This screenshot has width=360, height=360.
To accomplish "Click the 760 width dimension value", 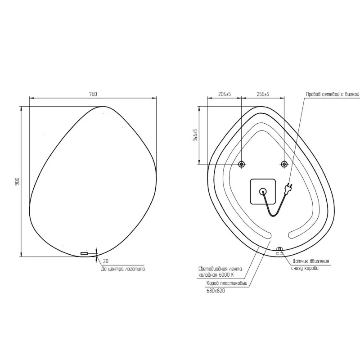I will coord(93,94).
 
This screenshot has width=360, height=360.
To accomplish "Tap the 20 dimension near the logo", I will coord(106,261).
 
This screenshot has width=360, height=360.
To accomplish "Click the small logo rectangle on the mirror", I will coord(85,254).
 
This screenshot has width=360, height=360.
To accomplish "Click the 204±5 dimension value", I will coord(224,94).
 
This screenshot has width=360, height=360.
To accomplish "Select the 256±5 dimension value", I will coord(262,94).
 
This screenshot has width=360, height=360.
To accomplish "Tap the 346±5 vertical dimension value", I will coord(195,135).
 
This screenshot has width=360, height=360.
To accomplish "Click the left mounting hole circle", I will coord(242,164).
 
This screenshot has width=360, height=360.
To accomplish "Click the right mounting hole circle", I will coord(284,164).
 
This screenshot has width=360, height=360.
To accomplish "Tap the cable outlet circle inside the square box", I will coord(263,191).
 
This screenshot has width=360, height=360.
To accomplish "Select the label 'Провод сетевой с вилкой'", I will coord(333,94).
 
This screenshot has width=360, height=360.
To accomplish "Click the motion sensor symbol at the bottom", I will coord(279,249).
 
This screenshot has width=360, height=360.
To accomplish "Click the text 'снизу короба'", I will coord(306,269).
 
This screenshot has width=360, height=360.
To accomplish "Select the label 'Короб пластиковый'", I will coord(227,284).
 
